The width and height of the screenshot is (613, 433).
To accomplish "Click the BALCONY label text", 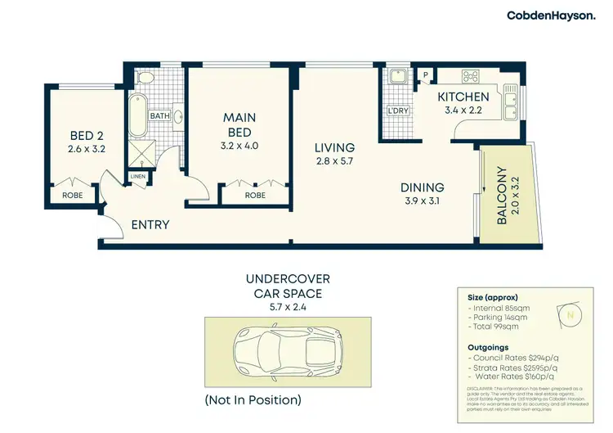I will [x=502, y=196].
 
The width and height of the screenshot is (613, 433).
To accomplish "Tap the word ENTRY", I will [x=150, y=224].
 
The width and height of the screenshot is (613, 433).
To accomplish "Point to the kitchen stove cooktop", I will [x=472, y=77].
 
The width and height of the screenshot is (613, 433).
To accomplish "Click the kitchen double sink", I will [x=510, y=103].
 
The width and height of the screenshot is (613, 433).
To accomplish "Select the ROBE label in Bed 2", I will [x=72, y=196].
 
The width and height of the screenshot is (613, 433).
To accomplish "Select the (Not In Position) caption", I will [x=253, y=400].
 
